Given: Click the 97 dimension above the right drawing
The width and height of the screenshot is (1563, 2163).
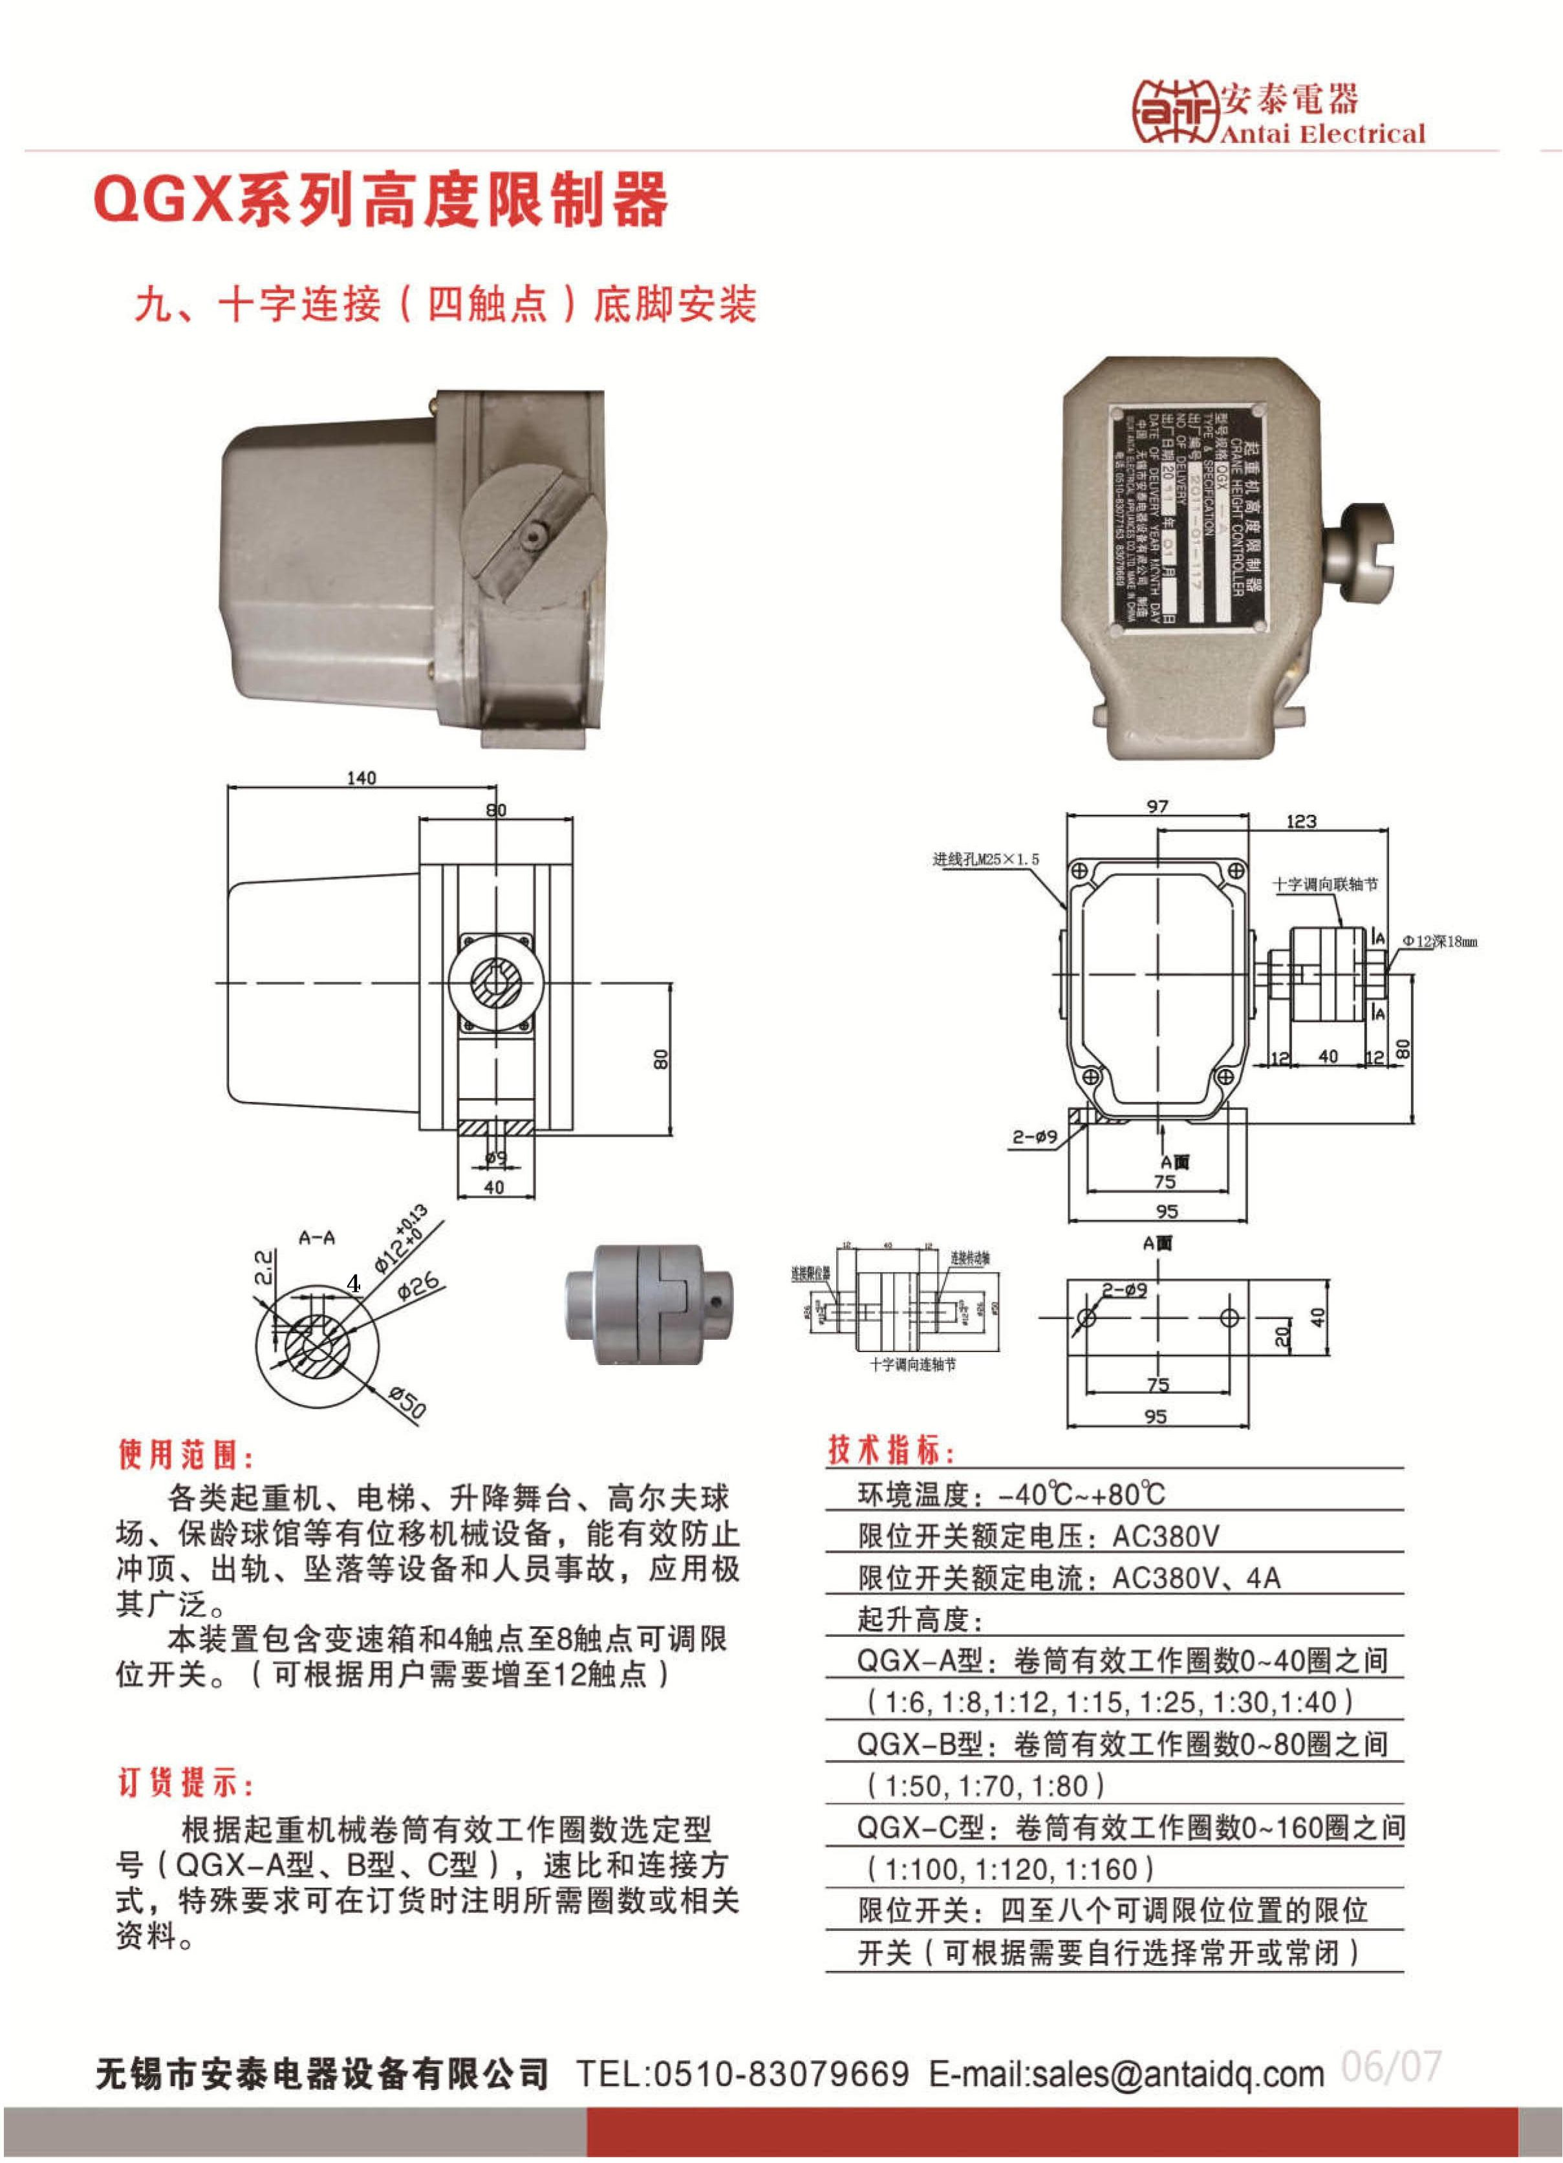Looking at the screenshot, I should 1157,807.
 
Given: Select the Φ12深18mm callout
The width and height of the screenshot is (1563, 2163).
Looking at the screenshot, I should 1438,942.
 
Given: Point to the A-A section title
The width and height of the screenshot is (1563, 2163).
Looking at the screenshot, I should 317,1238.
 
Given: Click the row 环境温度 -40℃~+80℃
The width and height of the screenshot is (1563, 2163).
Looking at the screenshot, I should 1011,1494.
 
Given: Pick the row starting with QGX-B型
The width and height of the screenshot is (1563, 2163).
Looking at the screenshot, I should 1121,1745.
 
